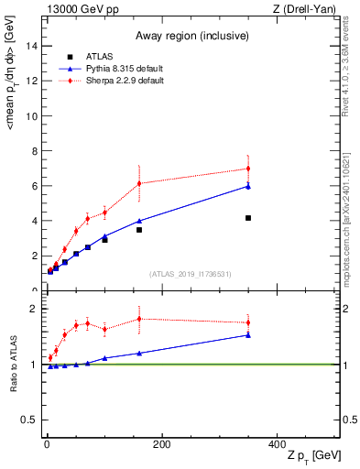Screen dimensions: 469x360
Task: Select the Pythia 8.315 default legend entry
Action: tap(120, 69)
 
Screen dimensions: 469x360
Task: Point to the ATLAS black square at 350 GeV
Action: tap(248, 218)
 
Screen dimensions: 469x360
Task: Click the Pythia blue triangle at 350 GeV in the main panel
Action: tap(248, 186)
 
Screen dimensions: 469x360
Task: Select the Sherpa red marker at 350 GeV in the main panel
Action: tap(248, 169)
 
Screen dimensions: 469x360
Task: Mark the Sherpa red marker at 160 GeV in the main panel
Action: tap(139, 183)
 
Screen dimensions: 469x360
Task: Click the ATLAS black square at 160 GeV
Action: tap(139, 230)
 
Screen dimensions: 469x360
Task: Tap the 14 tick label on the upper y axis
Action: tap(34, 46)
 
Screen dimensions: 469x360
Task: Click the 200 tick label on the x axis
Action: tap(162, 444)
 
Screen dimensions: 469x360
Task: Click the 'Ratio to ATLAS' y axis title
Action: tap(13, 365)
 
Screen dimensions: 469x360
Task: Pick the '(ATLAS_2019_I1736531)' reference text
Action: tap(191, 274)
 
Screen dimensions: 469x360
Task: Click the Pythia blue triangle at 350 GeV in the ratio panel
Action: tap(248, 334)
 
